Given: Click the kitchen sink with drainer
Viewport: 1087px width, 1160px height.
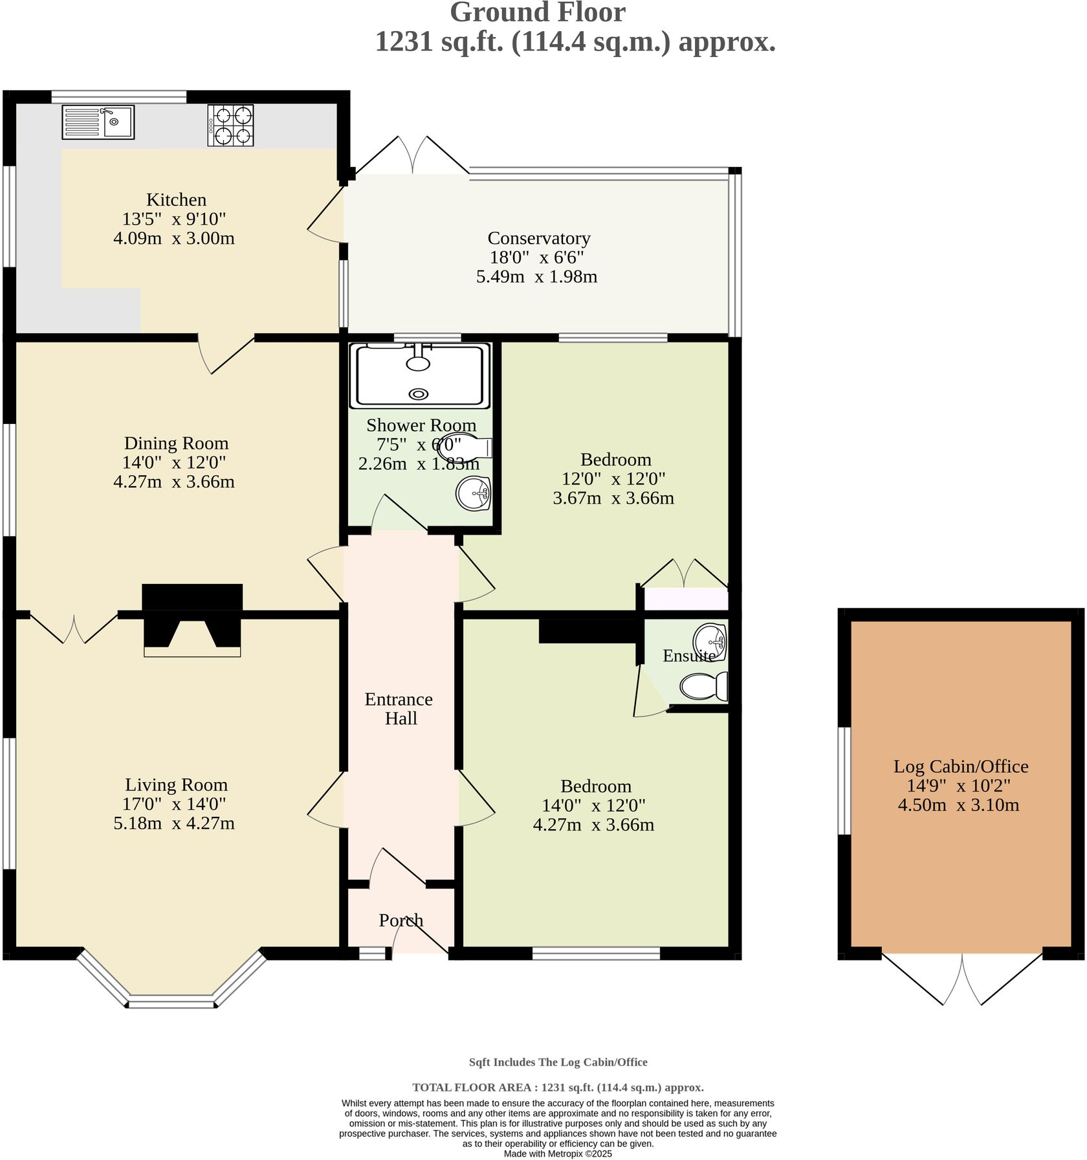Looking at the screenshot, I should click(98, 122).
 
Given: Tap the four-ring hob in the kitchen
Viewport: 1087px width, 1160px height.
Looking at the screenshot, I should click(231, 125).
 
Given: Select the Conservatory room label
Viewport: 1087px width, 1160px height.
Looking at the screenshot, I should click(538, 238).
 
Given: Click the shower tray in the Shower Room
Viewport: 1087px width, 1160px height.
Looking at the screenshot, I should click(419, 375).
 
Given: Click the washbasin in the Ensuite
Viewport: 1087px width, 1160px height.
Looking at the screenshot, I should click(710, 641).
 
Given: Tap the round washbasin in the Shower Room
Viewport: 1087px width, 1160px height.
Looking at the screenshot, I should click(474, 493).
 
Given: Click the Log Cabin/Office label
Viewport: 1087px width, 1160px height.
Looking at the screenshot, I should click(960, 766).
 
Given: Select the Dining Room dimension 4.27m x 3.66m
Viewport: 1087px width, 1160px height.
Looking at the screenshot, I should click(173, 482).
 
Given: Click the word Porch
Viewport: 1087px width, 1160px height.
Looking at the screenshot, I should click(401, 920).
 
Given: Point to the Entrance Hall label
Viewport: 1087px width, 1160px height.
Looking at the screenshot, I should click(399, 709).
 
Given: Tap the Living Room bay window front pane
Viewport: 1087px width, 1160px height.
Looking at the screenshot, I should click(171, 1004).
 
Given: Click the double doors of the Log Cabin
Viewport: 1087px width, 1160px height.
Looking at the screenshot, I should click(962, 979).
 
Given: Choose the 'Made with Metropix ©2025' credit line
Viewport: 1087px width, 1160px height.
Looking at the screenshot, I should click(557, 1154).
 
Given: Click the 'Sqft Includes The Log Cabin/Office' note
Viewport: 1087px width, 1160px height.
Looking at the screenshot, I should click(558, 1062).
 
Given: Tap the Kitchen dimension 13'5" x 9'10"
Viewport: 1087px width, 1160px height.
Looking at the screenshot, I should click(173, 219).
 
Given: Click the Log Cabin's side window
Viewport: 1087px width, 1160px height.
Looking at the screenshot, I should click(844, 781).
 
